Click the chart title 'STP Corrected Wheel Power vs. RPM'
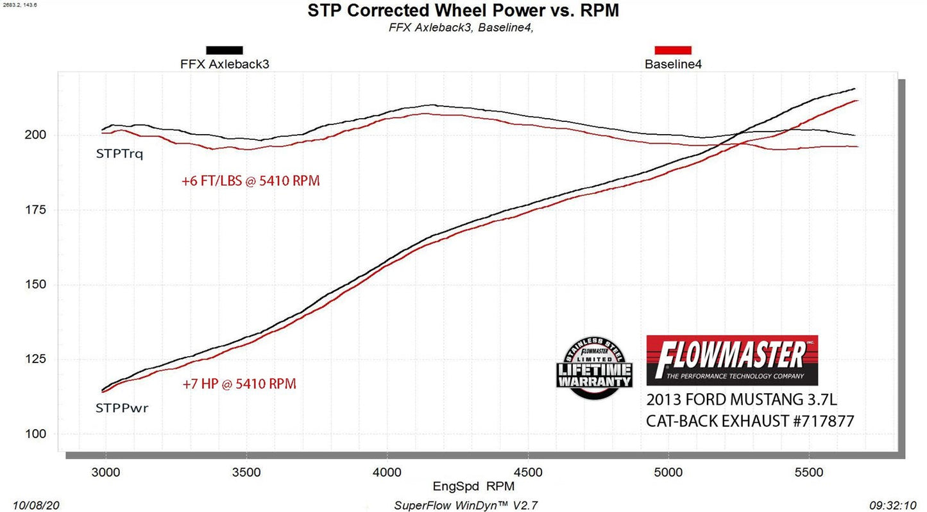click(463, 10)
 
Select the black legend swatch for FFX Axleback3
click(224, 50)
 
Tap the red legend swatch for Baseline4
click(672, 50)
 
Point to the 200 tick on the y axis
click(36, 135)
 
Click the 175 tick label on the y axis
click(36, 210)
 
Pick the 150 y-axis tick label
click(36, 284)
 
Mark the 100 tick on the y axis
click(36, 434)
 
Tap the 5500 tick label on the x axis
click(808, 473)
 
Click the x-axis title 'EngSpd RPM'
click(473, 487)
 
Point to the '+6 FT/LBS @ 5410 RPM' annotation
click(250, 182)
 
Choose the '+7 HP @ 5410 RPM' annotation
click(239, 384)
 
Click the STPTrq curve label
click(119, 154)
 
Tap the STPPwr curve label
click(122, 408)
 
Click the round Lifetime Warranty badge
click(593, 368)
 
